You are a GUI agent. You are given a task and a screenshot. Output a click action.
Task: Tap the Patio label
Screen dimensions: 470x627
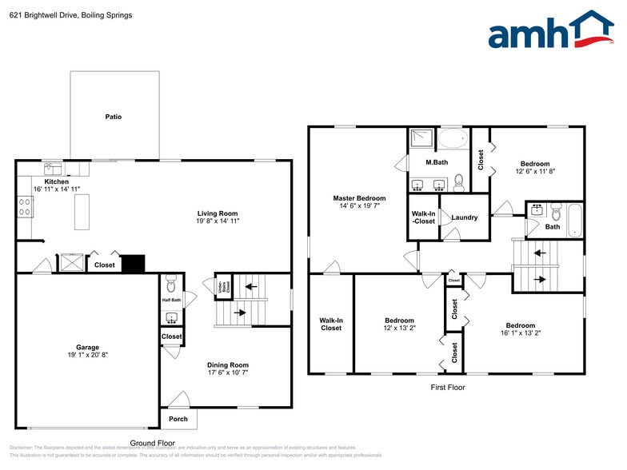click(114, 117)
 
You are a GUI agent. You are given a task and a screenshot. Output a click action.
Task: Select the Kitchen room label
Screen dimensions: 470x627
click(56, 181)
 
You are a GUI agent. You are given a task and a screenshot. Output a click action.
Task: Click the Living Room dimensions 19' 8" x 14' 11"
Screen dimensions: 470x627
click(218, 221)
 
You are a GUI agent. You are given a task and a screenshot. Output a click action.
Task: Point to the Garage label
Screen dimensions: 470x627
click(87, 347)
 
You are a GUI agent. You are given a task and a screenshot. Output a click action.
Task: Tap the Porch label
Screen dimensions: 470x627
click(178, 419)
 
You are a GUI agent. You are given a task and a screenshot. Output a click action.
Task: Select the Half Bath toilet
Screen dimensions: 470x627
click(170, 284)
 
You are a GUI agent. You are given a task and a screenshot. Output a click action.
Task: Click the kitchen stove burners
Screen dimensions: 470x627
click(25, 208)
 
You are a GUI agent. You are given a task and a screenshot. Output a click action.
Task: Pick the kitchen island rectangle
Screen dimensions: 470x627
click(82, 212)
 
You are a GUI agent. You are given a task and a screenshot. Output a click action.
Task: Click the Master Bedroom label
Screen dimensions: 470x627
click(359, 198)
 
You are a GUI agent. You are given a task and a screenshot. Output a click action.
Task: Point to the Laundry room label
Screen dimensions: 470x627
click(464, 217)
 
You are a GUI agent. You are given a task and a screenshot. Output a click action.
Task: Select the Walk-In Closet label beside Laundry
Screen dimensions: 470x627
click(424, 217)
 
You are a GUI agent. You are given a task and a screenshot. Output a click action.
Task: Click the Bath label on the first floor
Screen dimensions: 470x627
click(552, 226)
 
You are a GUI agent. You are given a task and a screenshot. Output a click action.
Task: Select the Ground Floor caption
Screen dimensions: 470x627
click(152, 442)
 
